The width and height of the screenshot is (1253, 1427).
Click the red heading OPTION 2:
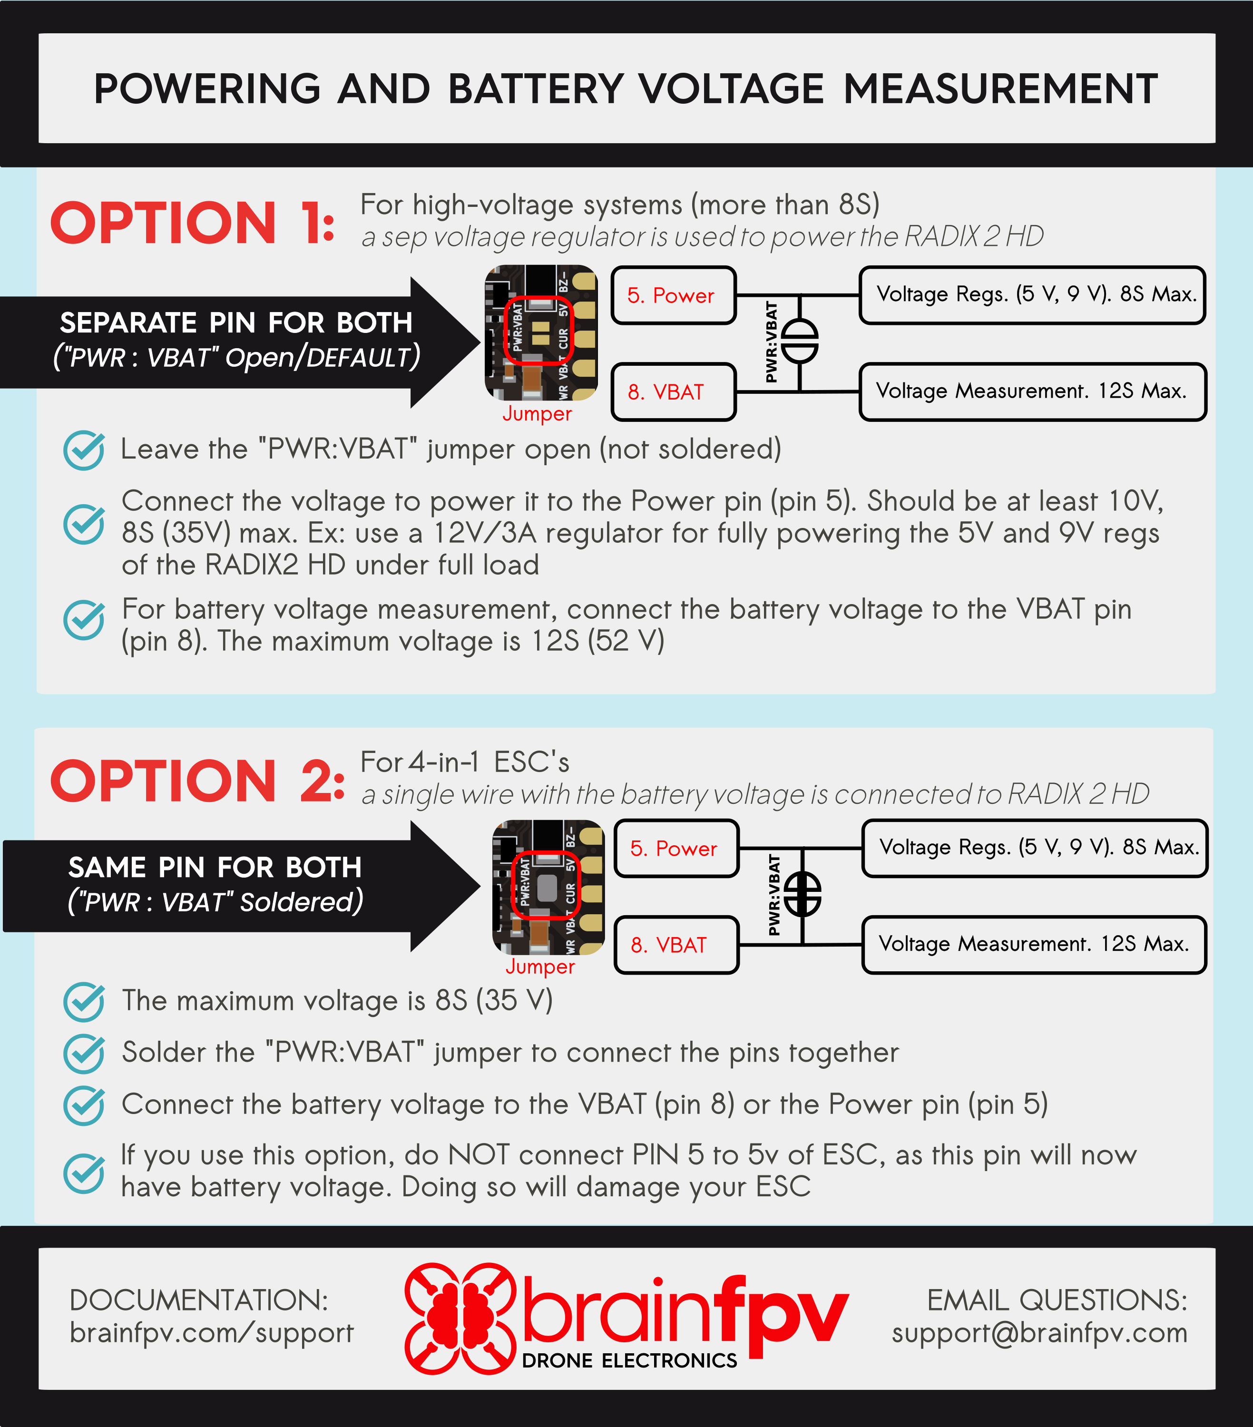(x=197, y=781)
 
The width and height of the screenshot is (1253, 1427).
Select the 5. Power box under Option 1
(x=673, y=295)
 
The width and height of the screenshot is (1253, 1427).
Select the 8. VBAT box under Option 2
(x=675, y=945)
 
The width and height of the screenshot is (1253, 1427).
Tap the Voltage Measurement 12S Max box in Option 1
(x=1032, y=391)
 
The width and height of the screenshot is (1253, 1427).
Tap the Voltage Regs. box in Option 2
(x=1035, y=848)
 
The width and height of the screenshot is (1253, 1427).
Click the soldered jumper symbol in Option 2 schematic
(x=803, y=894)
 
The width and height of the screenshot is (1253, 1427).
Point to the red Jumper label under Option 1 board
(x=537, y=413)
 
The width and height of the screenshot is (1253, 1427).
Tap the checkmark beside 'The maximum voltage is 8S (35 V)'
(x=84, y=1001)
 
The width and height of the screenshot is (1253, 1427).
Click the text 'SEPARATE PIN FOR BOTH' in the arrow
(x=236, y=323)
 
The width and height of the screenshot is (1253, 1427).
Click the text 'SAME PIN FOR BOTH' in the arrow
(x=215, y=867)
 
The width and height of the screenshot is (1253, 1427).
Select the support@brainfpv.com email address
(x=1039, y=1333)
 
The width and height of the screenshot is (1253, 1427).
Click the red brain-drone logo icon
(x=460, y=1318)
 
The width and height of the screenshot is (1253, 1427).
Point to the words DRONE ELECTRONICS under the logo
(x=629, y=1361)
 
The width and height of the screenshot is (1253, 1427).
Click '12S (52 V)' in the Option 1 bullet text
(x=597, y=641)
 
